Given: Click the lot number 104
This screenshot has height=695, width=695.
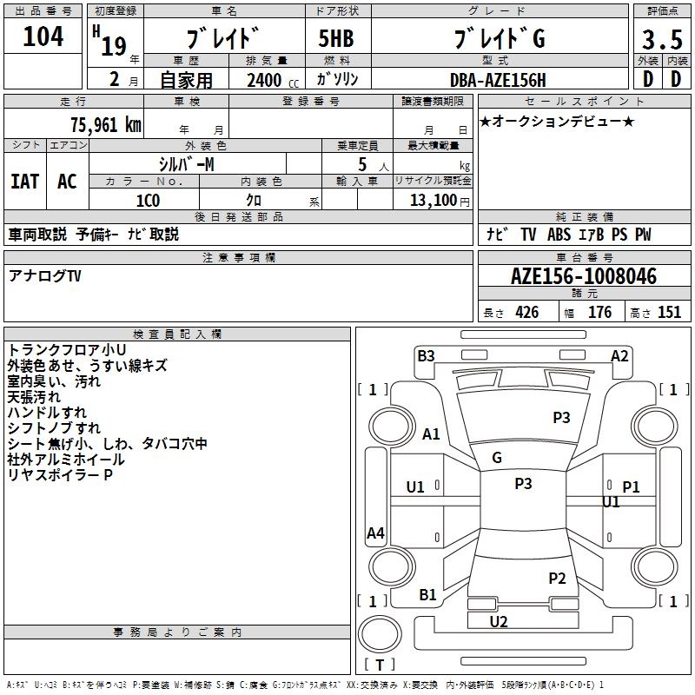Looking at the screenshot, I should pos(43,36).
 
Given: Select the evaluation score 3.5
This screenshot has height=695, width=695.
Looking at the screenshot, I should pos(660,40).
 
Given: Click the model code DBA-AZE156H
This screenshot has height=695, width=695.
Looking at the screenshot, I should pos(498,80).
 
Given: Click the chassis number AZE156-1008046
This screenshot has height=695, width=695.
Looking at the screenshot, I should pos(584,277).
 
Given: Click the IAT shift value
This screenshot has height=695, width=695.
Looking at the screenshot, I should pos(24,182).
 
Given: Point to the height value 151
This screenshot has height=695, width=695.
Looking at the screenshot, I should pos(669,313).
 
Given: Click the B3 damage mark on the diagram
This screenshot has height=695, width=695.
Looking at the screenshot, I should pos(426,355).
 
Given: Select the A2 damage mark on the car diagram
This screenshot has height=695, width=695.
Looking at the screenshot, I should pos(619,355).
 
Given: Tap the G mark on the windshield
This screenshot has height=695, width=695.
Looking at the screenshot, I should pos(497,457).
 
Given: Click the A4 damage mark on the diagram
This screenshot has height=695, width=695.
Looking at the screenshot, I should pos(375,533).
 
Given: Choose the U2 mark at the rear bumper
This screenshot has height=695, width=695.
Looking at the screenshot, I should pos(499,621).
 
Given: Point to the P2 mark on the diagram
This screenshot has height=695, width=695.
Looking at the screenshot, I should pos(557,578).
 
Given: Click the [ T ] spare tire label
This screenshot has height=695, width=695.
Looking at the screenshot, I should pos(380,665).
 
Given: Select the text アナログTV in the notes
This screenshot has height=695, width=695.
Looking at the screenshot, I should pos(44,275).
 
